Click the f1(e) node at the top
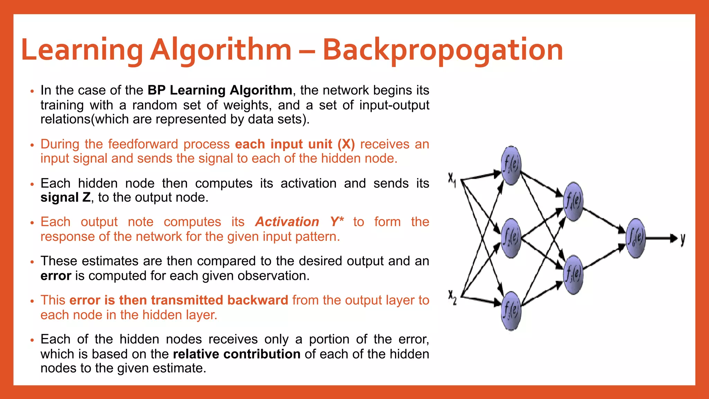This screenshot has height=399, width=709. [x=511, y=165]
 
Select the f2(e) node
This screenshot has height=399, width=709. [x=511, y=238]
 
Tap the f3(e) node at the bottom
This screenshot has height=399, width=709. [x=511, y=311]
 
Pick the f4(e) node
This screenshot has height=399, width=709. [x=573, y=201]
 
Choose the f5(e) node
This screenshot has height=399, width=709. [x=573, y=275]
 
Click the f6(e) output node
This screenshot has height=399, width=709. [x=636, y=238]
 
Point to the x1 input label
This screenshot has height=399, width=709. [x=452, y=180]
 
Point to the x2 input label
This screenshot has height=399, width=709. [x=452, y=297]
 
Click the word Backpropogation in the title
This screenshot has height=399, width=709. [x=443, y=50]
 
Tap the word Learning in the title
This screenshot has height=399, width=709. [x=82, y=50]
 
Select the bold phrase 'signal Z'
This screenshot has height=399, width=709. [x=65, y=197]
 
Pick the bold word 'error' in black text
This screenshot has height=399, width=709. [x=56, y=276]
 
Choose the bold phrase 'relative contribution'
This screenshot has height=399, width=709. [x=236, y=354]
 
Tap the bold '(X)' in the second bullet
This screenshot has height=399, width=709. [x=346, y=144]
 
